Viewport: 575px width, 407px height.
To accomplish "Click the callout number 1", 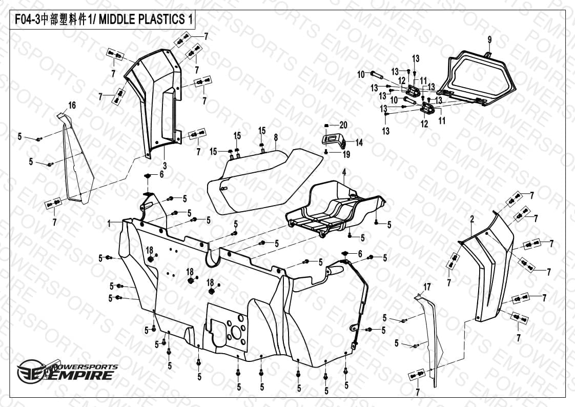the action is pos(109,223).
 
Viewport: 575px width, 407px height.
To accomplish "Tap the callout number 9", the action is pos(489,39).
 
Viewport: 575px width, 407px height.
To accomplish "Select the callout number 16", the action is pos(72,106).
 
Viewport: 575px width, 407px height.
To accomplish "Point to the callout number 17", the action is pos(427,287).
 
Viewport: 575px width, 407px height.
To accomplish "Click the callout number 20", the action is pos(343,125).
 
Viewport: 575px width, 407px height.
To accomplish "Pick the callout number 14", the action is pos(359,143).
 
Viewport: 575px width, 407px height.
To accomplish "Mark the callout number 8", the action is pos(276,137).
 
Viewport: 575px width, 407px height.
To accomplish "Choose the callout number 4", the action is pos(344,172).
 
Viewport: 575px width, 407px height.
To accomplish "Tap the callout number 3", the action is pos(165,166).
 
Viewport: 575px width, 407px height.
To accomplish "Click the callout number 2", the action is pos(473,219).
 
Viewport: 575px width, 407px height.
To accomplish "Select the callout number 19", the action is pos(346,154).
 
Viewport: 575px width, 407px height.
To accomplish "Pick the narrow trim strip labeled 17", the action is pos(432,341).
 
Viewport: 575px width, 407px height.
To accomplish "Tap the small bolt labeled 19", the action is pos(326,152).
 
